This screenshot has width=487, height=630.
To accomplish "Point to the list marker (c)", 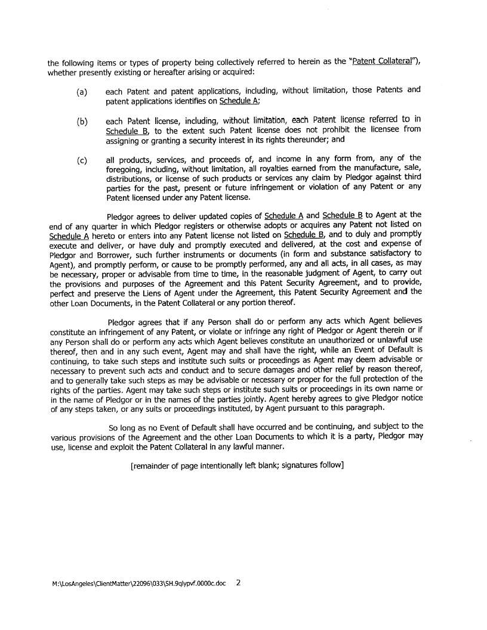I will tap(82, 160).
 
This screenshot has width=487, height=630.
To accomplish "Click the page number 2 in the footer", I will tap(238, 583).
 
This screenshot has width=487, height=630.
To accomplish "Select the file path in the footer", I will tap(139, 584).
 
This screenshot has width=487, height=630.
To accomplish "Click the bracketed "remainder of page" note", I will tap(237, 465).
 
